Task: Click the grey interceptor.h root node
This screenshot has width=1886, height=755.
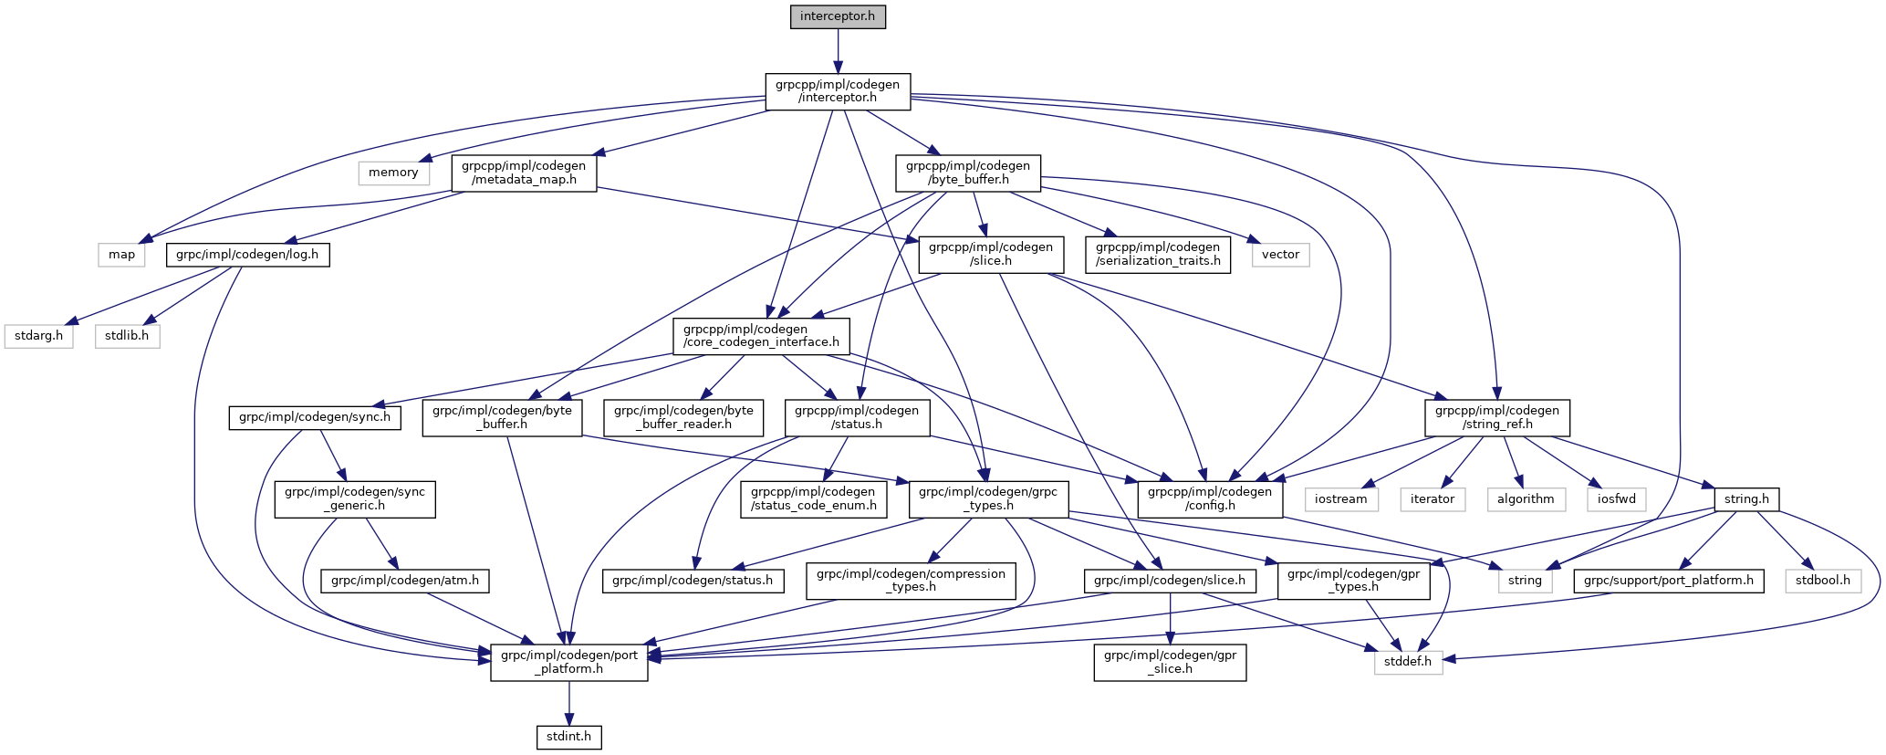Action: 838,16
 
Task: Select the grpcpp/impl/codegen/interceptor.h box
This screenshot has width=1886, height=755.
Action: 838,91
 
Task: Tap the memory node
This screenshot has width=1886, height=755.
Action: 393,173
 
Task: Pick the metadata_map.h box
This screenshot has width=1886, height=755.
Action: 524,173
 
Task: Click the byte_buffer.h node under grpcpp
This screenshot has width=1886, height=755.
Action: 968,173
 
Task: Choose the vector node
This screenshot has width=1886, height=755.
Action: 1280,255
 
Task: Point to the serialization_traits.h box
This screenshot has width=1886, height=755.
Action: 1158,254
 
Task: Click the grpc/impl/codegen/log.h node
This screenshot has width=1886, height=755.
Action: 247,255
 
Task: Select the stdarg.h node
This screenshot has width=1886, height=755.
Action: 38,336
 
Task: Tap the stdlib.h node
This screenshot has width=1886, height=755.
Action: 127,336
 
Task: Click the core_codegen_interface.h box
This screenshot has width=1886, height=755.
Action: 761,336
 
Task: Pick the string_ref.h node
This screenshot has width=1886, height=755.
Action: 1497,417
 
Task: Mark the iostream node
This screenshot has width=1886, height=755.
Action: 1341,499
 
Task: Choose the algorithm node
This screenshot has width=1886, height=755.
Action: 1526,499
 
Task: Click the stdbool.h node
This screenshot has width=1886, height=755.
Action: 1823,581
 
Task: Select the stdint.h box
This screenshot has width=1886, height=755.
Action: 568,736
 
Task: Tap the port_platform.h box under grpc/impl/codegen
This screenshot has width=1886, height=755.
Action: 569,662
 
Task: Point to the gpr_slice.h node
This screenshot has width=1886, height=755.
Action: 1171,662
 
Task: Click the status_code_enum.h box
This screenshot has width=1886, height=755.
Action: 813,498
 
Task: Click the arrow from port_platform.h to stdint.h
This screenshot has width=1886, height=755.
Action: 569,702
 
